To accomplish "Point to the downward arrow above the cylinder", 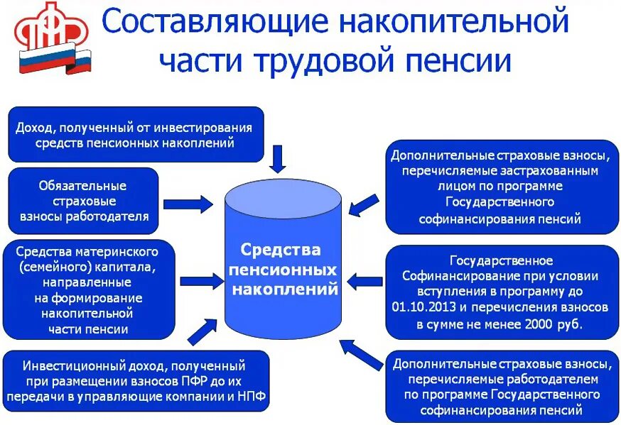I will (x=279, y=158).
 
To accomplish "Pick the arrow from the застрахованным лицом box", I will (x=364, y=205).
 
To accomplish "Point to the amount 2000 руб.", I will (x=551, y=324).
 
